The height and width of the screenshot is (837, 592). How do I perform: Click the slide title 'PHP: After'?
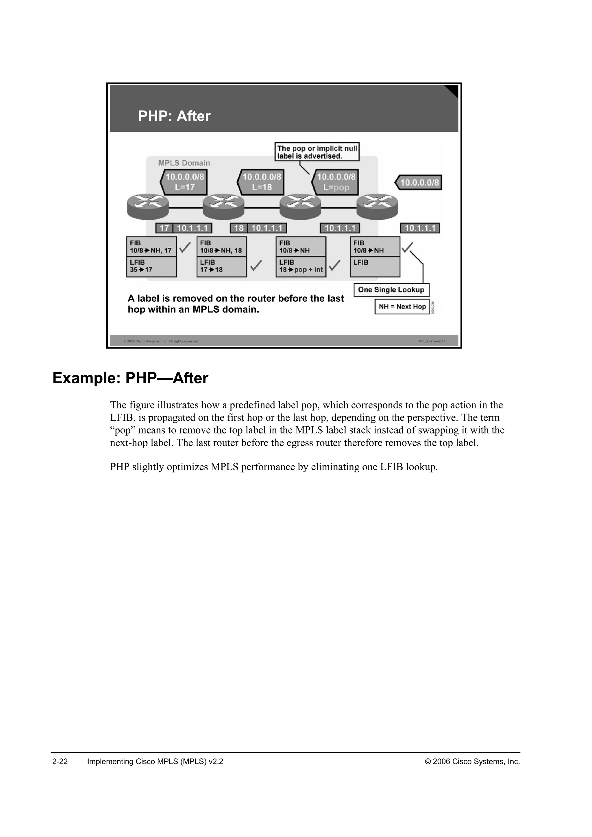(x=174, y=116)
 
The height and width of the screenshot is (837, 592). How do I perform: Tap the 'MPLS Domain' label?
(x=184, y=163)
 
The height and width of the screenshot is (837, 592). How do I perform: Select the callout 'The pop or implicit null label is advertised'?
(x=317, y=152)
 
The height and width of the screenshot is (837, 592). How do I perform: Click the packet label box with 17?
(x=164, y=228)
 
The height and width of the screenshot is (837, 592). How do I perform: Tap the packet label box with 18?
(x=238, y=228)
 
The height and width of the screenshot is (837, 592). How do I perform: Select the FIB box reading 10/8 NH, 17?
(x=151, y=247)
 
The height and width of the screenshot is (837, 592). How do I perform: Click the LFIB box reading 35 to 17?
(x=151, y=267)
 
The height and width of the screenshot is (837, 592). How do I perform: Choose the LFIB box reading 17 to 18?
(x=221, y=267)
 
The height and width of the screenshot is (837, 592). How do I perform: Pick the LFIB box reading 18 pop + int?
(x=301, y=267)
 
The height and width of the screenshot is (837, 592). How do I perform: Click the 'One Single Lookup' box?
(x=391, y=290)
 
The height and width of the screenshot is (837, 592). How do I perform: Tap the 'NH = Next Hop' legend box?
(x=402, y=307)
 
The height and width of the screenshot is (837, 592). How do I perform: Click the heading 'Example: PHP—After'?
(x=130, y=378)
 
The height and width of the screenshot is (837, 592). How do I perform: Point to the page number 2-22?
(x=60, y=762)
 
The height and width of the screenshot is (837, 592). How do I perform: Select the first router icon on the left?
(x=148, y=206)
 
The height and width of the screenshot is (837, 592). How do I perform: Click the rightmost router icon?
(x=377, y=206)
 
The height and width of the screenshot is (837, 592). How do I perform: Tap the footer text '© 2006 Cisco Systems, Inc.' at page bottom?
(x=472, y=762)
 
